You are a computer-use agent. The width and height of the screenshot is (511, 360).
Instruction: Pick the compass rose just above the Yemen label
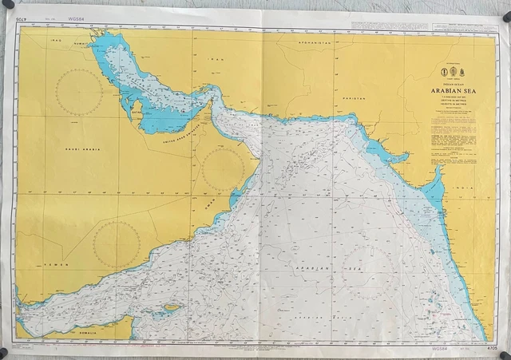click(117, 243)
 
